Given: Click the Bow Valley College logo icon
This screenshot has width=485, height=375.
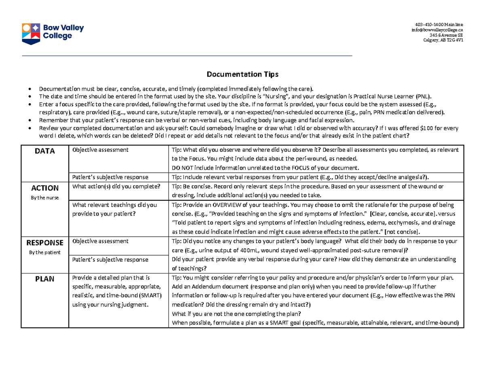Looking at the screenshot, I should click(x=31, y=33).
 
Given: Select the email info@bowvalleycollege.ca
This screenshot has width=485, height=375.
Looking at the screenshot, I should click(x=437, y=30).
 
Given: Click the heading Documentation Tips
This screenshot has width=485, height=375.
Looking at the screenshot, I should click(x=242, y=74).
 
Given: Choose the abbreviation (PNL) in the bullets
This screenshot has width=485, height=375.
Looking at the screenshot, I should click(x=423, y=96).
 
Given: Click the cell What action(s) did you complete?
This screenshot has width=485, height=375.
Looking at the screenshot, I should click(x=116, y=186).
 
